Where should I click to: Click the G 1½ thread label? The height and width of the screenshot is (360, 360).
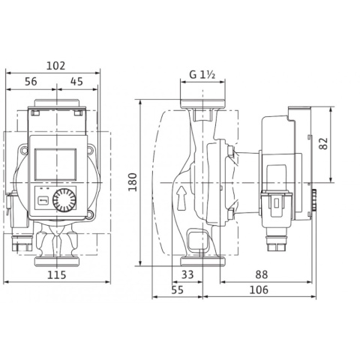coord(199,75)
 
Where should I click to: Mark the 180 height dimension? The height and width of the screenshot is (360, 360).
coord(133,182)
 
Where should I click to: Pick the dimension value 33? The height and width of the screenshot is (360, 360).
coord(187,275)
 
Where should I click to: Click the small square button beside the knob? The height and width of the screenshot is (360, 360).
coord(43,200)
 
